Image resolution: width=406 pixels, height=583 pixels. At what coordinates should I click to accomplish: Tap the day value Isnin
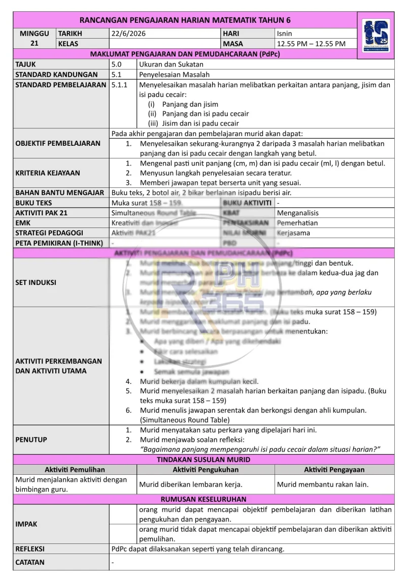[285, 34]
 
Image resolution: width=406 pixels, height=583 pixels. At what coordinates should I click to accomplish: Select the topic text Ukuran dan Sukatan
[171, 64]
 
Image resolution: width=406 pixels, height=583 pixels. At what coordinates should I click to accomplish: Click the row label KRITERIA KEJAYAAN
[48, 173]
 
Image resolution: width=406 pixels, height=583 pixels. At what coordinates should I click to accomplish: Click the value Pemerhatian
[297, 222]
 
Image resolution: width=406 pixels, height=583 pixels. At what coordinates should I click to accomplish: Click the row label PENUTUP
[31, 439]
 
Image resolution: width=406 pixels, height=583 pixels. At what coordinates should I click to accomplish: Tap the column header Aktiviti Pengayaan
[334, 470]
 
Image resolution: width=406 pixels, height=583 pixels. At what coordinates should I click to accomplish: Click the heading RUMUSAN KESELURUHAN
[204, 499]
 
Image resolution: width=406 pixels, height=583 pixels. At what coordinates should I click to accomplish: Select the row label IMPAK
[26, 524]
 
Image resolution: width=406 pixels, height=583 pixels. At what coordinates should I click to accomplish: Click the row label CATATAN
[30, 562]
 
